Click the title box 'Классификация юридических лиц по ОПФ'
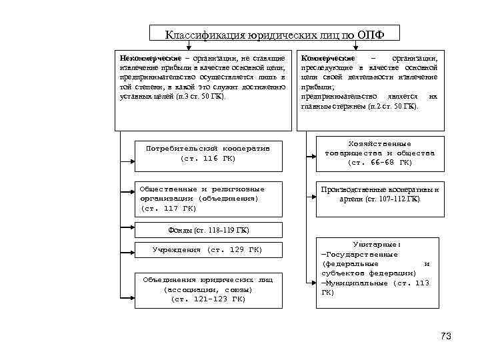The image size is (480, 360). click(x=273, y=35)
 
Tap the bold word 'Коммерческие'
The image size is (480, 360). click(x=328, y=59)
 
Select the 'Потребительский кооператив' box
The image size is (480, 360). click(x=208, y=153)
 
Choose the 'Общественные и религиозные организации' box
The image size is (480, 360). click(x=208, y=199)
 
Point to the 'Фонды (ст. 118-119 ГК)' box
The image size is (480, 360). click(x=208, y=231)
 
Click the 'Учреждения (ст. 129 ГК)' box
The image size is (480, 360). click(x=208, y=250)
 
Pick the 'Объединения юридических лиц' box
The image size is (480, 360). click(x=208, y=289)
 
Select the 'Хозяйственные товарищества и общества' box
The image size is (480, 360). click(x=377, y=153)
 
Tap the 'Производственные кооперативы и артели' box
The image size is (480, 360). click(x=377, y=194)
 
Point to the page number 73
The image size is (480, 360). click(x=446, y=335)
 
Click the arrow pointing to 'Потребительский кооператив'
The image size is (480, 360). click(x=127, y=160)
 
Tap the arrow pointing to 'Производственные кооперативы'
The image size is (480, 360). click(x=311, y=197)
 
